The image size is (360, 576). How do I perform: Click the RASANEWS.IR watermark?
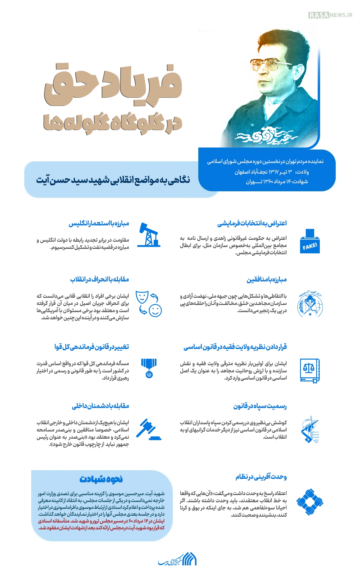click(330, 15)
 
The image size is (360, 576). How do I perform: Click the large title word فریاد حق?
click(113, 84)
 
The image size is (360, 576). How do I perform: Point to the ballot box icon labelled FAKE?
click(310, 241)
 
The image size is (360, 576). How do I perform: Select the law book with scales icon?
click(310, 370)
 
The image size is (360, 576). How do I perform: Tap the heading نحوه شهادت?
click(101, 479)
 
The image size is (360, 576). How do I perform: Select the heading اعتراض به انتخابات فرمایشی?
click(252, 223)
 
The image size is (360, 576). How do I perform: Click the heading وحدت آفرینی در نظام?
click(261, 477)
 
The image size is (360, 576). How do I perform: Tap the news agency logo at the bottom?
click(177, 560)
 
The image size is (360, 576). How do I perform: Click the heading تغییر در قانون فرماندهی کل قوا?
click(92, 347)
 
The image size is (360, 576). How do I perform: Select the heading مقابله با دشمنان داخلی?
click(100, 406)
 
